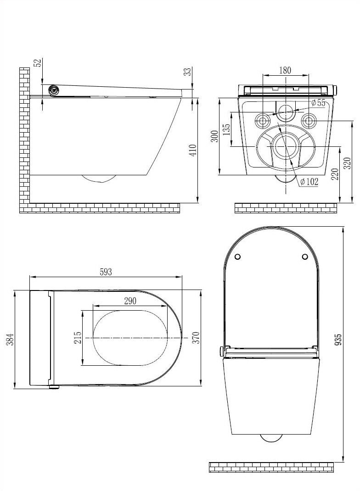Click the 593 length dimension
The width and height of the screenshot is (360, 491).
pyautogui.click(x=106, y=272)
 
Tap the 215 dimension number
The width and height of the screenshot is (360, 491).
pyautogui.click(x=78, y=337)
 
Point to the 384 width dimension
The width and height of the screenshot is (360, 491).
pyautogui.click(x=11, y=339)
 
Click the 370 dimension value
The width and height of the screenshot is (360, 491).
pyautogui.click(x=196, y=337)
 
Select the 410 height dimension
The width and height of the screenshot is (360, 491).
pyautogui.click(x=193, y=151)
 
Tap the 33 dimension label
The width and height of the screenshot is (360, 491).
pyautogui.click(x=187, y=72)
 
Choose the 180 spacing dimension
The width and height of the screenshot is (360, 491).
pyautogui.click(x=285, y=70)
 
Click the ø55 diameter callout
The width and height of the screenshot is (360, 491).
pyautogui.click(x=318, y=103)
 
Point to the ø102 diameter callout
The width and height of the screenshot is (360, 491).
pyautogui.click(x=309, y=182)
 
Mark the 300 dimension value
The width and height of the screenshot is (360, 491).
pyautogui.click(x=214, y=136)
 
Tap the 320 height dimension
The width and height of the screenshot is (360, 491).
pyautogui.click(x=347, y=163)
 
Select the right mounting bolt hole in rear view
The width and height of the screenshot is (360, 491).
pyautogui.click(x=309, y=121)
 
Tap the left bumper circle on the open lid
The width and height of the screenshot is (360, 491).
pyautogui.click(x=237, y=257)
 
